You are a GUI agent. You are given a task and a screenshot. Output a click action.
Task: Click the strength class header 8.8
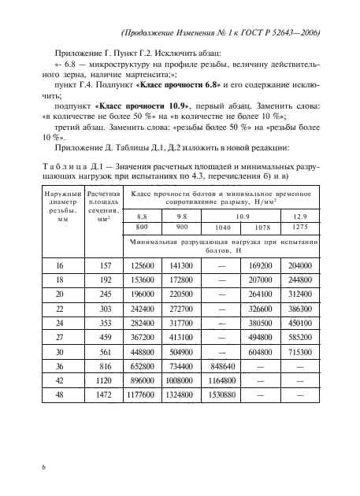142,214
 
